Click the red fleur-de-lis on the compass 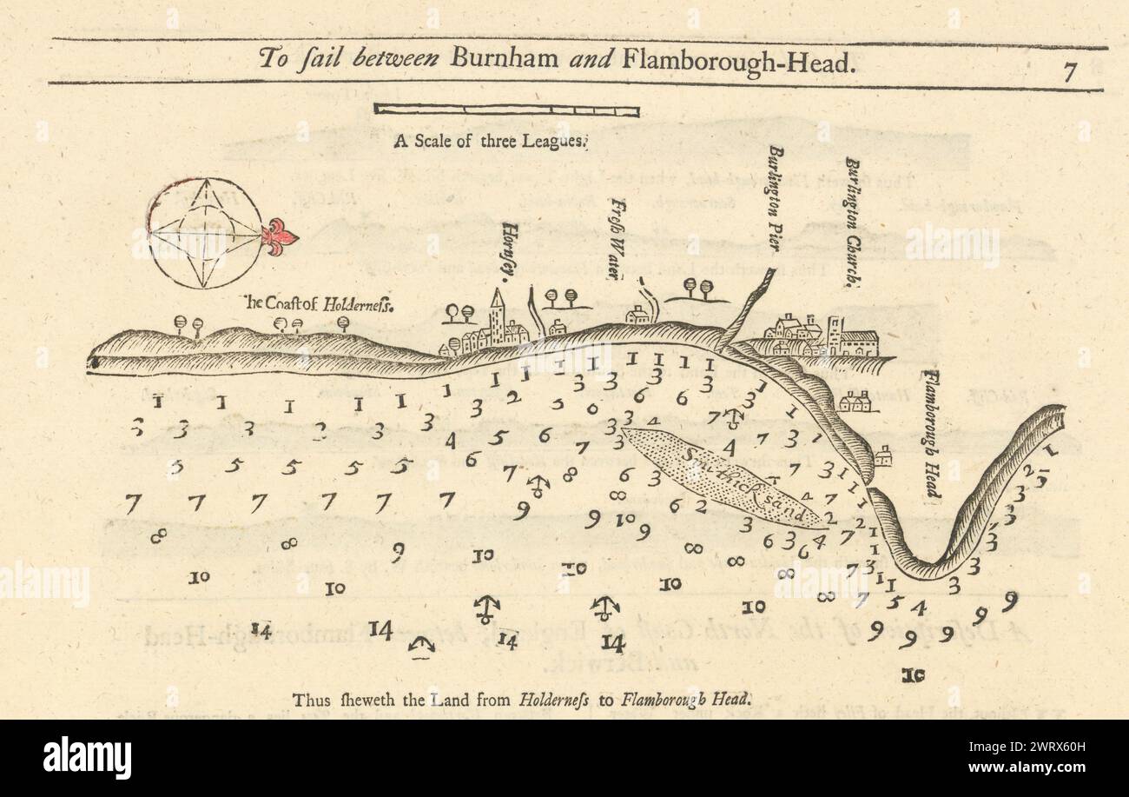tap(280, 234)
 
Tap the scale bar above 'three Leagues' tap(506, 110)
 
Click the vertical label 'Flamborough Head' tap(932, 435)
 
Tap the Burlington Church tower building tap(835, 335)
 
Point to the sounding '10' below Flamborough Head tap(913, 674)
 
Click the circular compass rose tap(205, 234)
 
